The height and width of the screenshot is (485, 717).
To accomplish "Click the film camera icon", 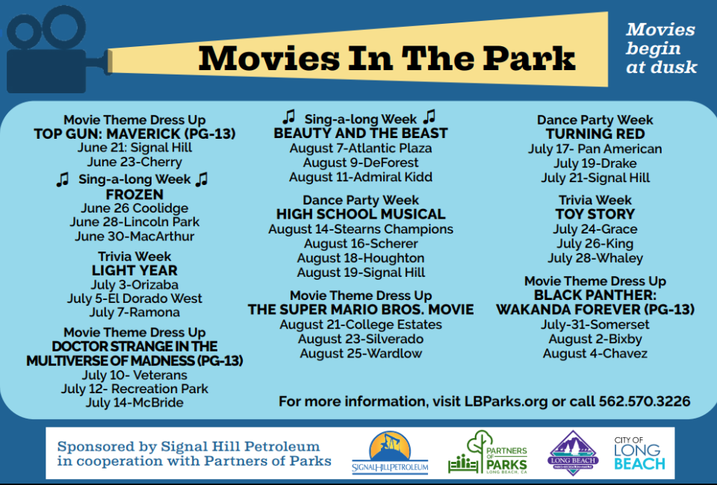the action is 50,50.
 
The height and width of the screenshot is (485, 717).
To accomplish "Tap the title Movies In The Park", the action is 386,58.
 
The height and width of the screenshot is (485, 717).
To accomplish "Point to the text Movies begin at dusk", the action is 661,48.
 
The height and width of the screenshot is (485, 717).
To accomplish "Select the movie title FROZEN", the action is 134,195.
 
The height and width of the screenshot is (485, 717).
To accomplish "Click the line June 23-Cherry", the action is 134,162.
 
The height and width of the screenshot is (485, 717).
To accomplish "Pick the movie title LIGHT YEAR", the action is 134,270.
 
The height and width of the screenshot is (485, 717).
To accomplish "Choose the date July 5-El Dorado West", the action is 134,298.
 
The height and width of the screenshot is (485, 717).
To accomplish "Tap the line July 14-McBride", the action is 134,403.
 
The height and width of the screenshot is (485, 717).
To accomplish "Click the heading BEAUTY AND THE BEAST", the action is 361,134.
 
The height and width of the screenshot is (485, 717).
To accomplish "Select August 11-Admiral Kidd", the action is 361,177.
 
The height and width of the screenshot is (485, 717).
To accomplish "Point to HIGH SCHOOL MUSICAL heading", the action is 361,214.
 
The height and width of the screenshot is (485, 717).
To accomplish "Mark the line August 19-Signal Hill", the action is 361,272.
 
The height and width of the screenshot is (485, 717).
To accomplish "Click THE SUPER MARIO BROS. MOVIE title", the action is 361,310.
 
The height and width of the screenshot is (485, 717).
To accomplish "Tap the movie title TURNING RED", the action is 595,134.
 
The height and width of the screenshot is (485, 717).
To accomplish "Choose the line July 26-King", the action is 595,244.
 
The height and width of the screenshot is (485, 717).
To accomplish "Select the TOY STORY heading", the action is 595,214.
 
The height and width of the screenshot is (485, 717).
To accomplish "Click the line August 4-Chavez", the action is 595,354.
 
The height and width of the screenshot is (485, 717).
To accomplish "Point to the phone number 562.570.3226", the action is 645,401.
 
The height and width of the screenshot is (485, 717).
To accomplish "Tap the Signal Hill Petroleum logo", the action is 390,453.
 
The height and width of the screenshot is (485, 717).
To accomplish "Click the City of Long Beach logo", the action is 639,454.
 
